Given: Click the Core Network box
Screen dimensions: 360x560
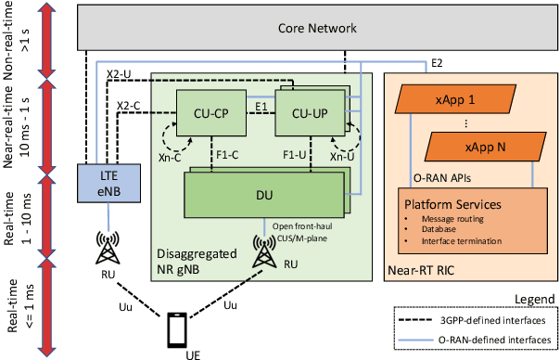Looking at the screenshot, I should (317, 30).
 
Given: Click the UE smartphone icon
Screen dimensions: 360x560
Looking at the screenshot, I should (178, 328).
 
